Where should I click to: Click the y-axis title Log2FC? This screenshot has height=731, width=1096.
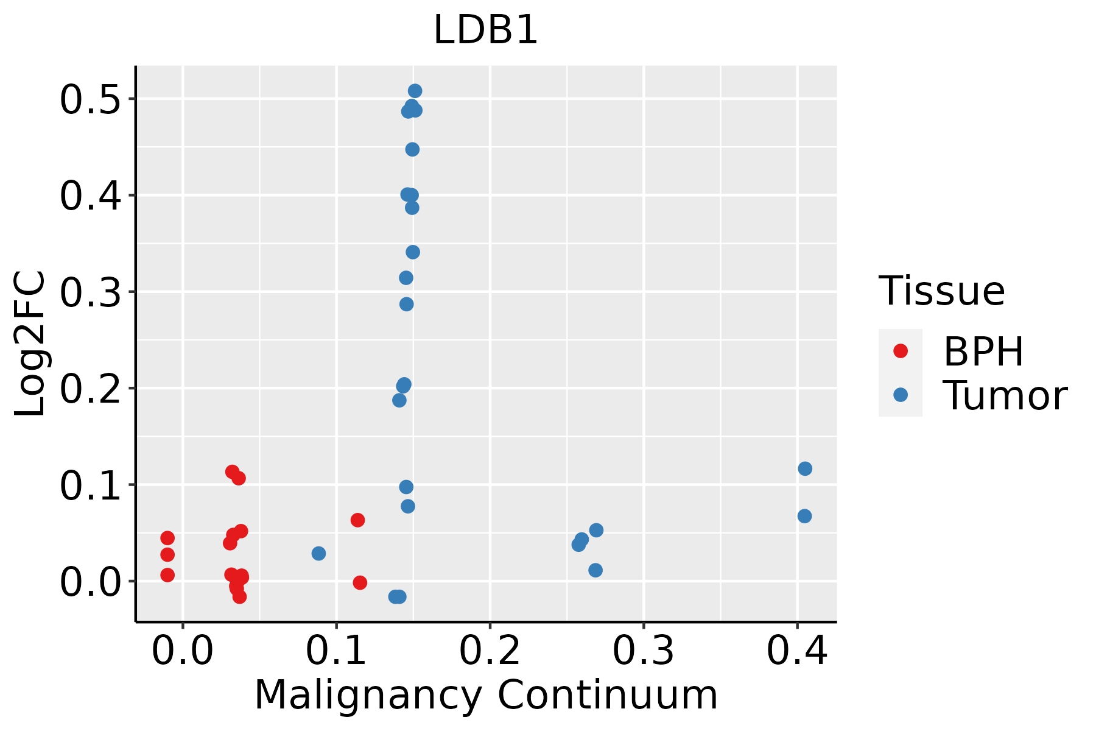click(30, 344)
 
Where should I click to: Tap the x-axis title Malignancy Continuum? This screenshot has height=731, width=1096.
click(485, 695)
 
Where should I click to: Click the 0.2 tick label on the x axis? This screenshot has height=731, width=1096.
click(490, 651)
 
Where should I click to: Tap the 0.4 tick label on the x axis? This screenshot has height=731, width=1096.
click(796, 651)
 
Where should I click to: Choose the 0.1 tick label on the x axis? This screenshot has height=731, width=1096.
click(336, 651)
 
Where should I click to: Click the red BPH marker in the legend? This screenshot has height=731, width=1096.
click(900, 351)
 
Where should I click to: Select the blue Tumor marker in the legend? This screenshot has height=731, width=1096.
click(900, 395)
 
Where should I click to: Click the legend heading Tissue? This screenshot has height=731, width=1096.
click(941, 291)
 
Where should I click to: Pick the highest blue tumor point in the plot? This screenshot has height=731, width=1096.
click(415, 91)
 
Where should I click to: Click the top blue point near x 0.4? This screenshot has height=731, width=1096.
click(805, 468)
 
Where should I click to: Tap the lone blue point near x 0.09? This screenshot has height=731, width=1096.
click(318, 553)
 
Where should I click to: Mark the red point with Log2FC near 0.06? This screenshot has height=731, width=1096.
click(357, 520)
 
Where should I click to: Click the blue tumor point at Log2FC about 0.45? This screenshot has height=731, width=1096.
click(412, 149)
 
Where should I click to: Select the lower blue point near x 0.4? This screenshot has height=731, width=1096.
click(804, 516)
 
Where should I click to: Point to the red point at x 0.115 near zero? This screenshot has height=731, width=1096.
click(360, 582)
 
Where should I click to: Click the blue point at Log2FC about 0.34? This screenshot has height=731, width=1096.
click(413, 252)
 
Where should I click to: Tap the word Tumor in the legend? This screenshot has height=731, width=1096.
click(1005, 396)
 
